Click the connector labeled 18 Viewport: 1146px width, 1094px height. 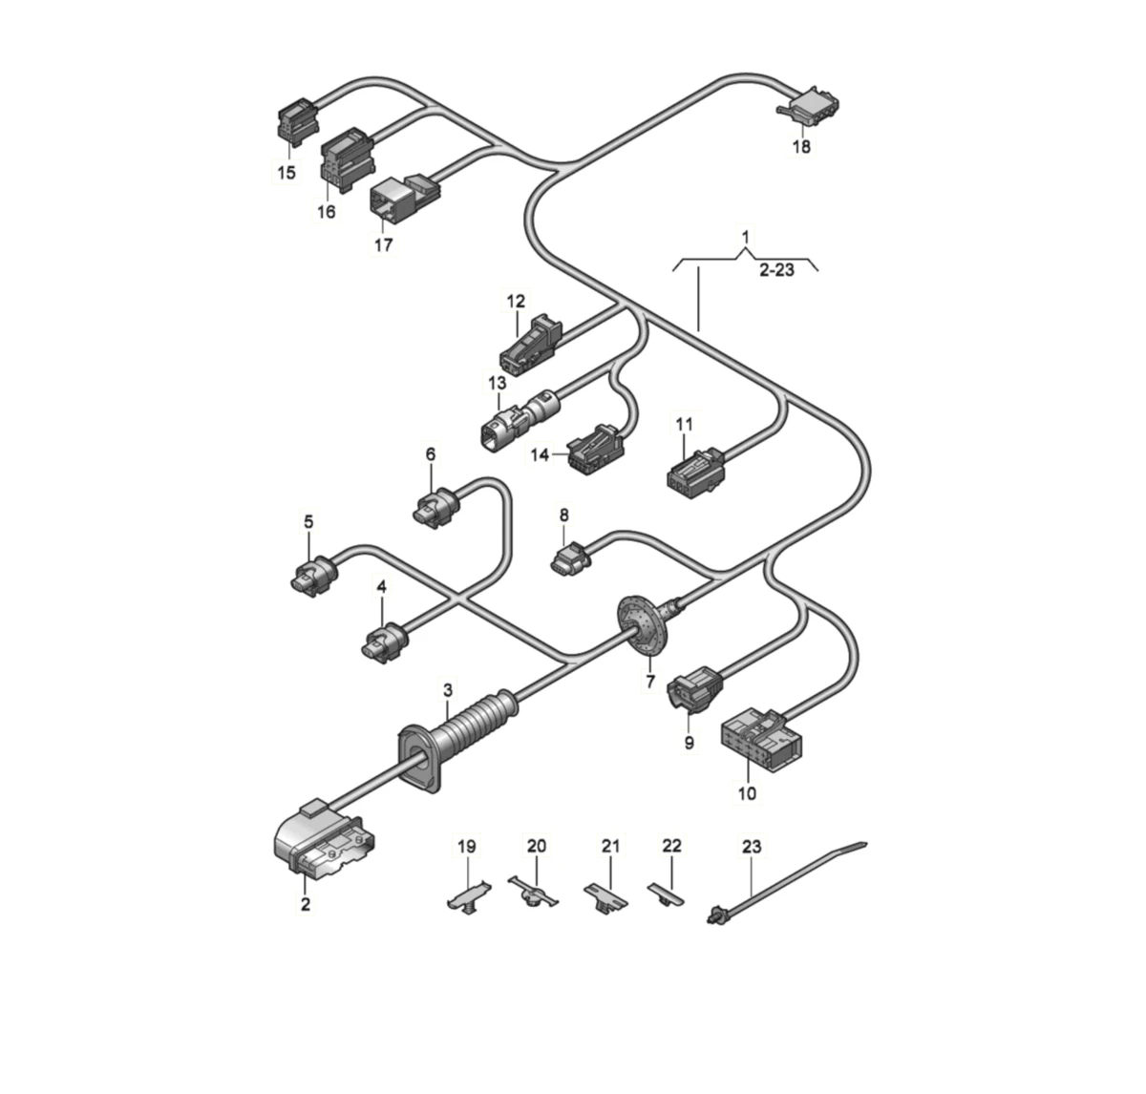(x=811, y=107)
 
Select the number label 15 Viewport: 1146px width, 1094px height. (x=286, y=173)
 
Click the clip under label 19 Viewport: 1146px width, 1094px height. (x=468, y=897)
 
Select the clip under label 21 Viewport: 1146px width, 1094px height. (x=605, y=896)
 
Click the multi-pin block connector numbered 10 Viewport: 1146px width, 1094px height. (x=759, y=740)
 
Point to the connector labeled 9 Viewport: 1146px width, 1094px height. (x=695, y=689)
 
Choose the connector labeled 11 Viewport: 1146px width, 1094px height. (x=696, y=470)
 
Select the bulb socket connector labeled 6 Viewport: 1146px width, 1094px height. (x=437, y=508)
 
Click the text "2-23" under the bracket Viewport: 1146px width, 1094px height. (x=776, y=270)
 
